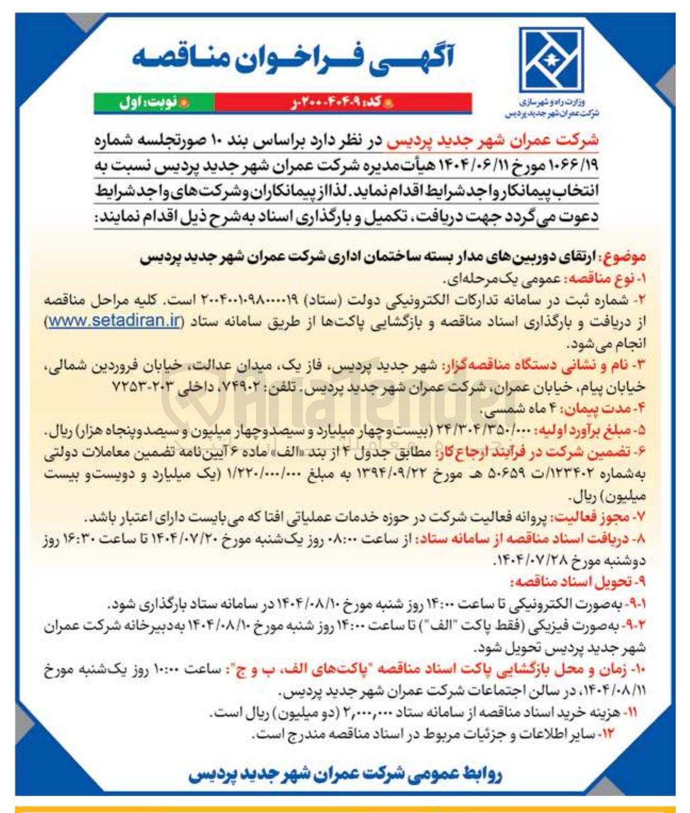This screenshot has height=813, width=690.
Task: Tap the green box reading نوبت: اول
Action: point(154,103)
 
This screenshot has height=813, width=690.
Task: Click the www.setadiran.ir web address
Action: point(115,322)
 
